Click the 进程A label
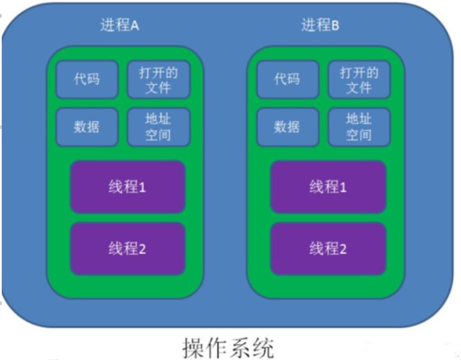pyautogui.click(x=120, y=25)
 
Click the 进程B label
pyautogui.click(x=320, y=25)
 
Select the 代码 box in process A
pyautogui.click(x=87, y=79)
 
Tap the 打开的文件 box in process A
pyautogui.click(x=159, y=79)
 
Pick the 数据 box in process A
pyautogui.click(x=87, y=126)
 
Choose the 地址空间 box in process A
pyautogui.click(x=159, y=126)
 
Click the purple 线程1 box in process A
pyautogui.click(x=127, y=187)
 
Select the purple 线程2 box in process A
pyautogui.click(x=127, y=249)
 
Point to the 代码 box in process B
pyautogui.click(x=286, y=79)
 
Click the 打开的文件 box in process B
pyautogui.click(x=358, y=79)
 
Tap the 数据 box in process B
pyautogui.click(x=286, y=126)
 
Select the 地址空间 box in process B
pyautogui.click(x=358, y=126)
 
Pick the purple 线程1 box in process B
pyautogui.click(x=328, y=187)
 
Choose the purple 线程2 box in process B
pyautogui.click(x=328, y=249)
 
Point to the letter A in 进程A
pyautogui.click(x=135, y=25)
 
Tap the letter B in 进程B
pyautogui.click(x=335, y=25)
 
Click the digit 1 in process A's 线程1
pyautogui.click(x=142, y=187)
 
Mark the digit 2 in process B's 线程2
pyautogui.click(x=342, y=249)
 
